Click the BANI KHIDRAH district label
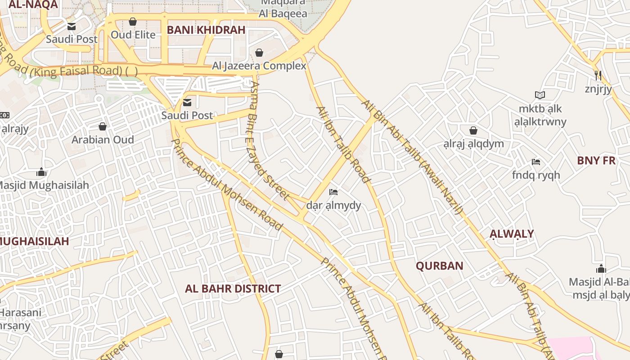click(206, 30)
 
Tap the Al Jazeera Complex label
click(259, 66)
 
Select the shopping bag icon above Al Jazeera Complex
click(259, 53)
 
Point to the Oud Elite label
click(133, 35)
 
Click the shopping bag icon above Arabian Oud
click(103, 126)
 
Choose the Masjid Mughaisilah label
click(43, 185)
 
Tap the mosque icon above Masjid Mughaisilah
click(41, 172)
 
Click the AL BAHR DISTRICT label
click(233, 288)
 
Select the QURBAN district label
click(439, 265)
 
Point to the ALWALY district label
click(512, 234)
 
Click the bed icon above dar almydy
click(333, 192)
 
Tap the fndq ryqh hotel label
click(536, 175)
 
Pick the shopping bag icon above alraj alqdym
click(473, 130)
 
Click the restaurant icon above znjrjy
click(598, 75)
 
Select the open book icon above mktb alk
click(540, 95)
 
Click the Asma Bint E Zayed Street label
click(269, 139)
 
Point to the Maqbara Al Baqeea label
click(283, 8)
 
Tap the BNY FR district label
click(596, 160)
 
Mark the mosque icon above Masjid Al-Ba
click(601, 269)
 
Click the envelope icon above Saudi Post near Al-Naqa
click(72, 26)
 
